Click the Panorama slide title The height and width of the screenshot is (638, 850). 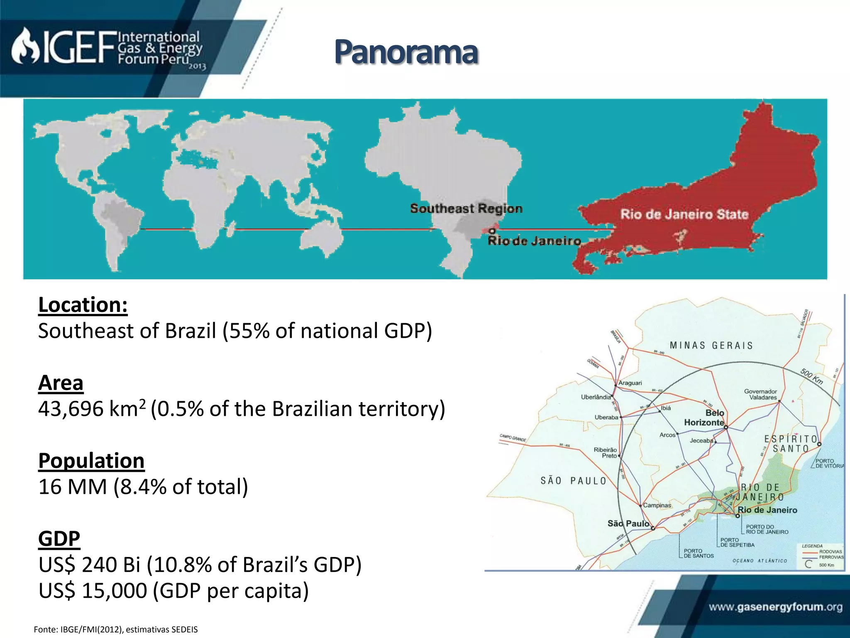(x=406, y=53)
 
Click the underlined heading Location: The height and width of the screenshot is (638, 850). (x=83, y=305)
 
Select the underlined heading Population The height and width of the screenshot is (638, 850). (x=91, y=461)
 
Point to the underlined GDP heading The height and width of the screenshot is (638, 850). (x=59, y=539)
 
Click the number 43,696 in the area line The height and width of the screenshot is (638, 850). (x=71, y=409)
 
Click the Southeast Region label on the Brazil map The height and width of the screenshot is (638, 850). (x=466, y=209)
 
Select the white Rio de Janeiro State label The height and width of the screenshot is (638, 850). (x=684, y=215)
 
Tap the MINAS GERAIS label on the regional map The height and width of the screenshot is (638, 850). (x=711, y=346)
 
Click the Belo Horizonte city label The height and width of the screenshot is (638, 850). (x=704, y=418)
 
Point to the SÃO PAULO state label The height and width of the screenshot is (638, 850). (x=573, y=481)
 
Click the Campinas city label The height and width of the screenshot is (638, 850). (x=657, y=505)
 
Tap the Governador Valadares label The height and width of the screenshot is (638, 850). (x=760, y=395)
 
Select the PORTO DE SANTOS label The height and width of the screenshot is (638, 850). (x=699, y=553)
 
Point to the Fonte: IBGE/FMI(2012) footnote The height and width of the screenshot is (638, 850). (x=116, y=630)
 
